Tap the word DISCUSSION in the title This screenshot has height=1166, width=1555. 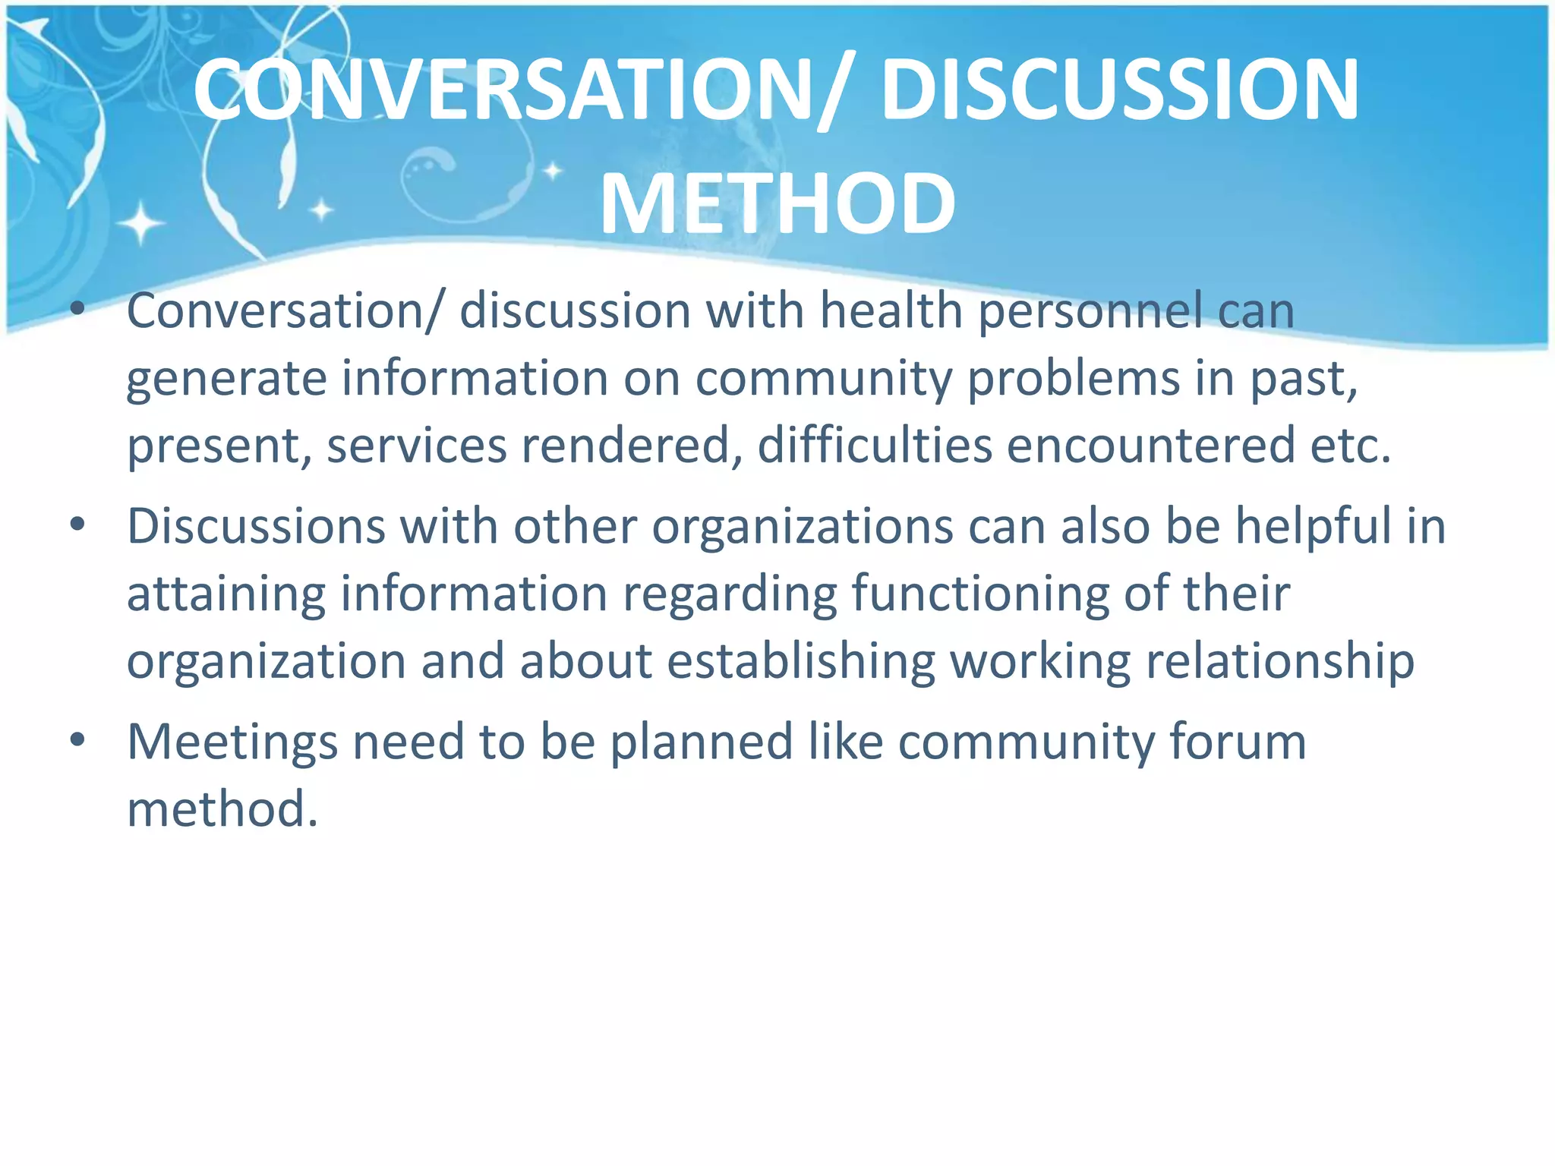point(1120,90)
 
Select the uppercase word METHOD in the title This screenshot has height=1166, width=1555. point(777,203)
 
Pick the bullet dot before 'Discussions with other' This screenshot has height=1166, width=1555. point(77,525)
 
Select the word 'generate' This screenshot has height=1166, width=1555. point(226,380)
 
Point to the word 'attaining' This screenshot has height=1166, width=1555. point(226,594)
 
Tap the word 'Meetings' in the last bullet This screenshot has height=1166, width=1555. point(232,742)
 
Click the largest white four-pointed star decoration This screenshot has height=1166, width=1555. point(140,223)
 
